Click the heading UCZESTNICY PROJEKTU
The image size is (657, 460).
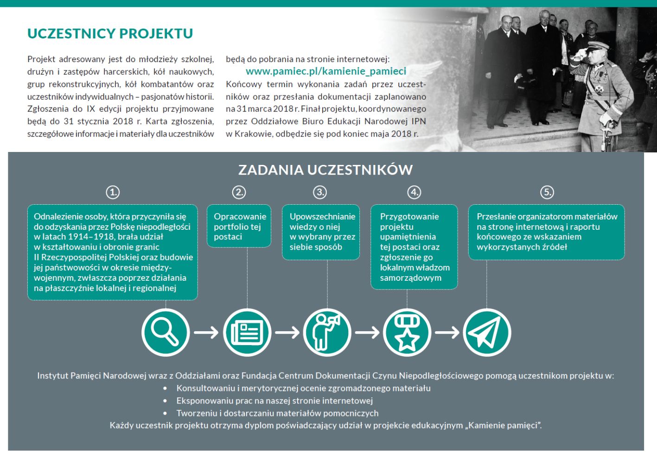[110, 34]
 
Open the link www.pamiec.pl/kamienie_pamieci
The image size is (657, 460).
[325, 71]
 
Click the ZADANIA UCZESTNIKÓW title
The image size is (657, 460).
[325, 170]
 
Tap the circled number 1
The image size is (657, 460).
[113, 192]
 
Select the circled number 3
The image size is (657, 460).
[320, 192]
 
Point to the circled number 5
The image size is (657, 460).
[547, 192]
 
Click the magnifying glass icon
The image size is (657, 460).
[166, 332]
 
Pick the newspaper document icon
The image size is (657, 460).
[247, 332]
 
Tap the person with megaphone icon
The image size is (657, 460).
[327, 332]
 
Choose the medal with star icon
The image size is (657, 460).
[407, 332]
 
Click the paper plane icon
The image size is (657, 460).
[486, 332]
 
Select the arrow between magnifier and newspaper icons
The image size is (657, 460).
[206, 332]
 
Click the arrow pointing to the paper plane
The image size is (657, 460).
[447, 332]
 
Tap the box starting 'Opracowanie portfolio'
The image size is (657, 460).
[239, 226]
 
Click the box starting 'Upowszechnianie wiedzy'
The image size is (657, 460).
[321, 232]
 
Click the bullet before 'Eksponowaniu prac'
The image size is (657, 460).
[165, 401]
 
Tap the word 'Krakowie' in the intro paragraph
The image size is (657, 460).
[254, 134]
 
